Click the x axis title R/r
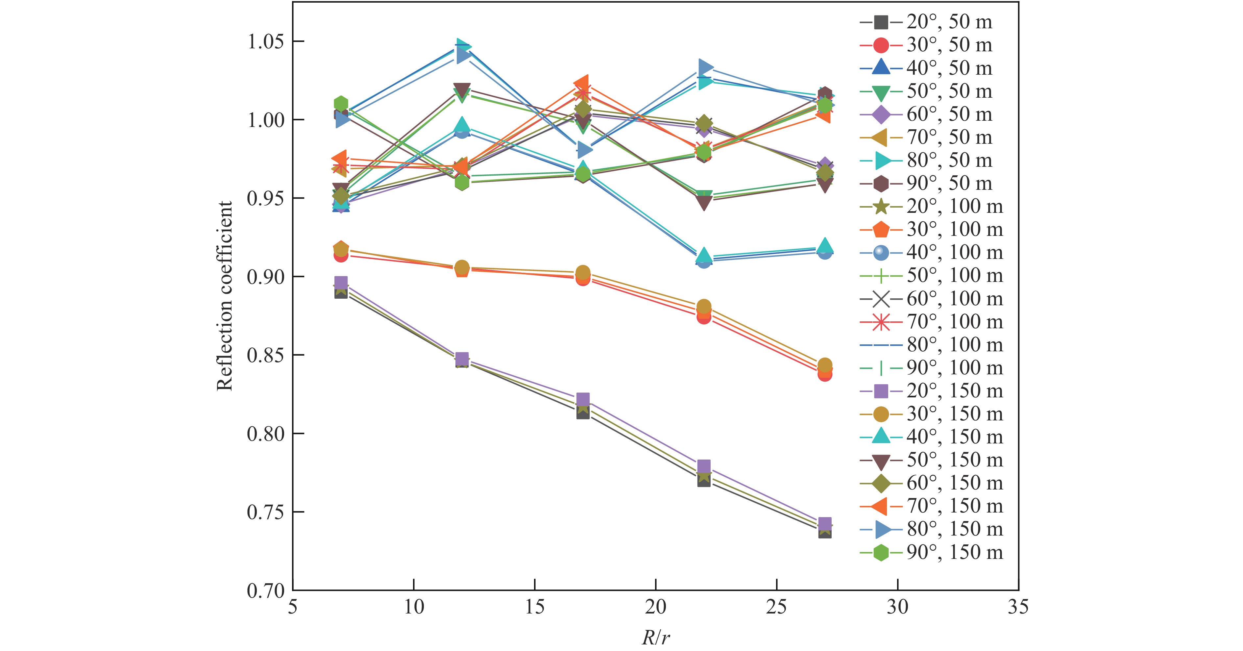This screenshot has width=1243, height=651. tap(656, 638)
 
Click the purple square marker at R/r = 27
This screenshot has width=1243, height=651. tap(825, 524)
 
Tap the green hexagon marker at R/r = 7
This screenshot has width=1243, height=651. tap(341, 103)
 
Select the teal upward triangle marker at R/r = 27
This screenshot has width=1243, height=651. tap(825, 245)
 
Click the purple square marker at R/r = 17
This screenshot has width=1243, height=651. tap(583, 399)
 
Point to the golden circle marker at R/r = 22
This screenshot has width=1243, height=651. tap(704, 306)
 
